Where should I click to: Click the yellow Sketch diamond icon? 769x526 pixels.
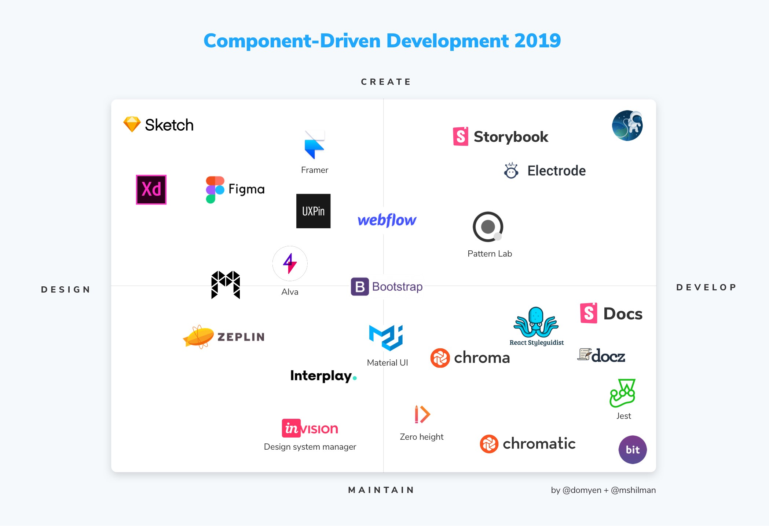132,124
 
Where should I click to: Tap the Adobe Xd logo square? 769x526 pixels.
151,189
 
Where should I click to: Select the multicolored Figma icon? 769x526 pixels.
215,189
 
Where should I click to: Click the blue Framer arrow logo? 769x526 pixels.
314,145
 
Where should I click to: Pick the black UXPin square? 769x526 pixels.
313,211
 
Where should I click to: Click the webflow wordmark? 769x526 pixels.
387,220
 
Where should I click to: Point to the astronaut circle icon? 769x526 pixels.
627,126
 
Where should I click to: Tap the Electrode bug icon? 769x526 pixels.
511,171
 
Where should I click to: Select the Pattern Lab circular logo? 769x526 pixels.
488,227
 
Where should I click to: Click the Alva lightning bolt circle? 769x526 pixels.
290,263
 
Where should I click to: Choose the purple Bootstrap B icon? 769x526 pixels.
360,287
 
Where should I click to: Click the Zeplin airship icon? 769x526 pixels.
199,337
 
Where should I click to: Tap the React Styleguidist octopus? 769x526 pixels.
536,323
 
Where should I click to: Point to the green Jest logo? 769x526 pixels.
623,393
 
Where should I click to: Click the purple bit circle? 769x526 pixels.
633,450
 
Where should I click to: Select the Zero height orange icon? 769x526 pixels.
422,414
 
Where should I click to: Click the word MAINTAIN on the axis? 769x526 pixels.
381,490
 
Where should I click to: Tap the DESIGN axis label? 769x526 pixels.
66,290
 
